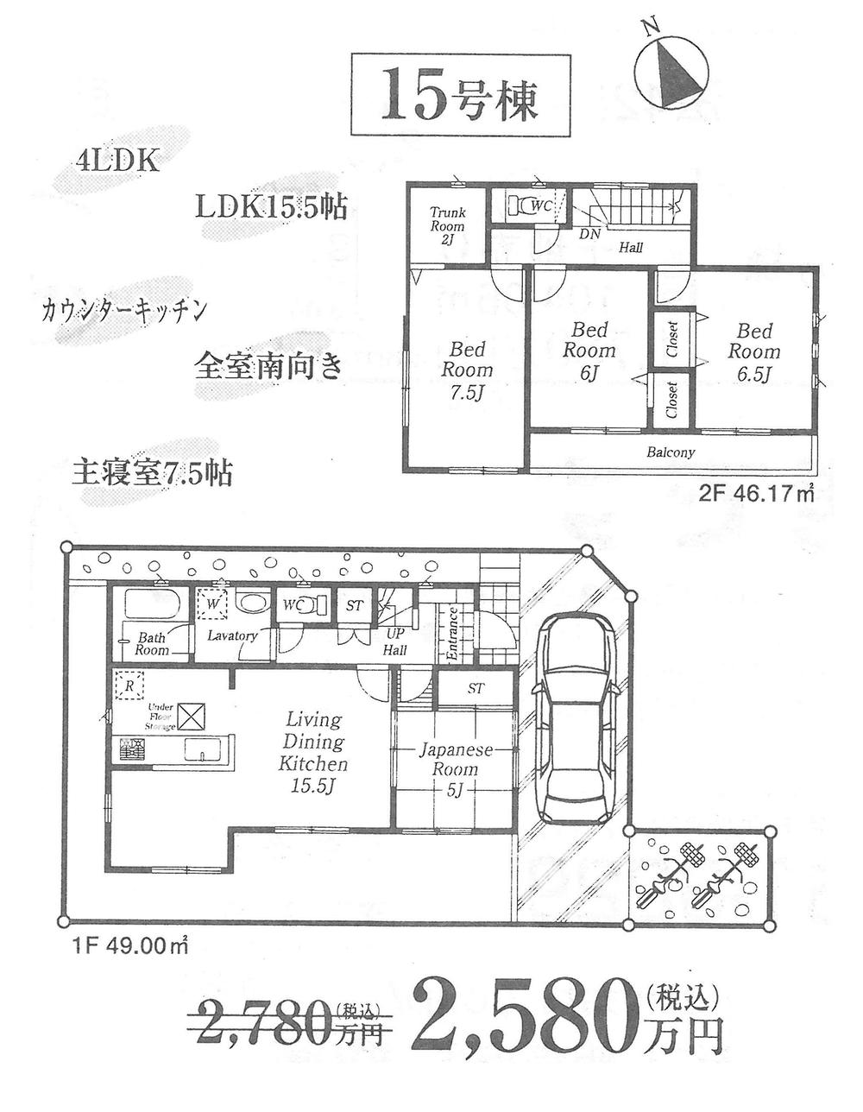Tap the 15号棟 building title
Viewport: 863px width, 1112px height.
click(x=460, y=95)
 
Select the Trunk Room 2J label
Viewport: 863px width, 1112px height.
click(x=447, y=225)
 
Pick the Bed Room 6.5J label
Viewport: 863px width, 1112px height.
click(x=753, y=352)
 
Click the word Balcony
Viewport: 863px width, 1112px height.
click(x=671, y=452)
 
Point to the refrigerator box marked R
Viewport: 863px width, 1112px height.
click(x=129, y=686)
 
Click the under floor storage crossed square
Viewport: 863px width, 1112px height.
click(x=192, y=717)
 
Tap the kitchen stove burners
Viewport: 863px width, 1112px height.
click(x=133, y=751)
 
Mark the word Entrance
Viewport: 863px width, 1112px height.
click(x=451, y=634)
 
